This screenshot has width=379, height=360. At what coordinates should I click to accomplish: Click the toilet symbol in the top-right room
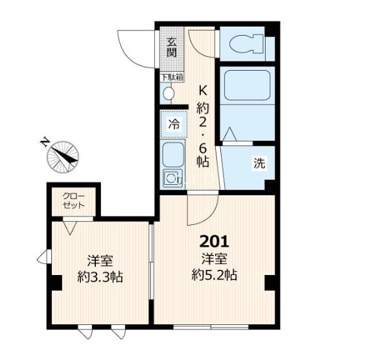coord(246,44)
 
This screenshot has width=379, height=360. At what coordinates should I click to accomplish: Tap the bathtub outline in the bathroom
coord(247,85)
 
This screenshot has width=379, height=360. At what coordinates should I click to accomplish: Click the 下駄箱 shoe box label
coord(172,77)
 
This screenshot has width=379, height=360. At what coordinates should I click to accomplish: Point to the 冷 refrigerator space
coord(174,125)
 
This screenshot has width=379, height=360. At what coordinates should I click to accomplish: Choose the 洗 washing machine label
coord(259,163)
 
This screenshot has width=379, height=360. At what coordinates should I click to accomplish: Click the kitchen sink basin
coord(173,154)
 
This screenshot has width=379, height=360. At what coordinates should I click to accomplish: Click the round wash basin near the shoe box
coord(168,93)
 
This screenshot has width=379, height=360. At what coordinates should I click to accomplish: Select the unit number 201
coord(214,242)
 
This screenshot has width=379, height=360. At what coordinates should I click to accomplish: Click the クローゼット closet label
coord(73,201)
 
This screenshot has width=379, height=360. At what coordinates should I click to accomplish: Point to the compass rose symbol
coord(63,157)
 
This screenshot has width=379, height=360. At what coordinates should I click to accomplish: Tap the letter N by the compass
coord(44,142)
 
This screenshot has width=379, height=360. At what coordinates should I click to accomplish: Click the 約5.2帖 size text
coord(214,275)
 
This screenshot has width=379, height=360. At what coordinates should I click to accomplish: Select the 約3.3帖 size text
coord(100,277)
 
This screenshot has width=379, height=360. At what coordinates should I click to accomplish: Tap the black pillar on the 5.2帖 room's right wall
coord(270,283)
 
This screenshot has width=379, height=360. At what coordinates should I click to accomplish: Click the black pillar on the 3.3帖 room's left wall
coord(57,283)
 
